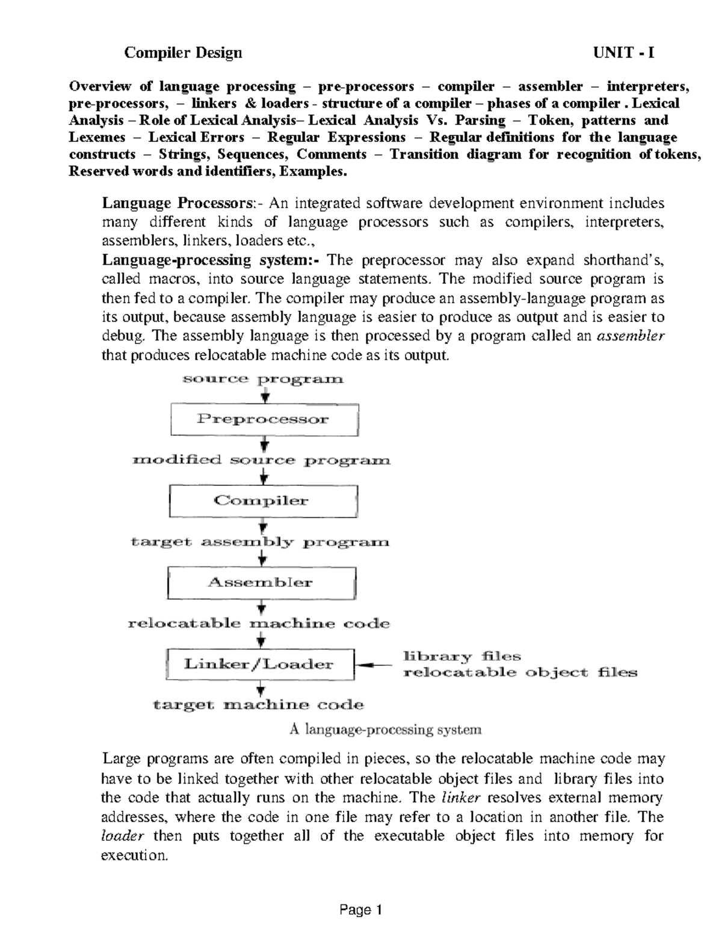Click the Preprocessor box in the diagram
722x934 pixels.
click(264, 420)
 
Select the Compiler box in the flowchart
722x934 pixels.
click(263, 501)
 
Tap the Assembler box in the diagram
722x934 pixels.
click(261, 582)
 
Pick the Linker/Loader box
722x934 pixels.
click(259, 664)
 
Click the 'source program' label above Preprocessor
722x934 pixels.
click(263, 379)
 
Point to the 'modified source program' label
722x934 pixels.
click(261, 461)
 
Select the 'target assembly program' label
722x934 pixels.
click(260, 542)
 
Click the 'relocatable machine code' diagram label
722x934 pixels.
click(259, 624)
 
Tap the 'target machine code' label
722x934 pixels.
click(259, 705)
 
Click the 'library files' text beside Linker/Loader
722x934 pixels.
click(461, 656)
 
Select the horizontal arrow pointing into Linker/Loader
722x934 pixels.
click(373, 665)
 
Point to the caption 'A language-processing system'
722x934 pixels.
click(386, 730)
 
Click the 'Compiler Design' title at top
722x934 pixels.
click(183, 53)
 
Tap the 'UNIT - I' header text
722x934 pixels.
click(623, 53)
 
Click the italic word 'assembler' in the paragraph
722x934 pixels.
click(630, 336)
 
